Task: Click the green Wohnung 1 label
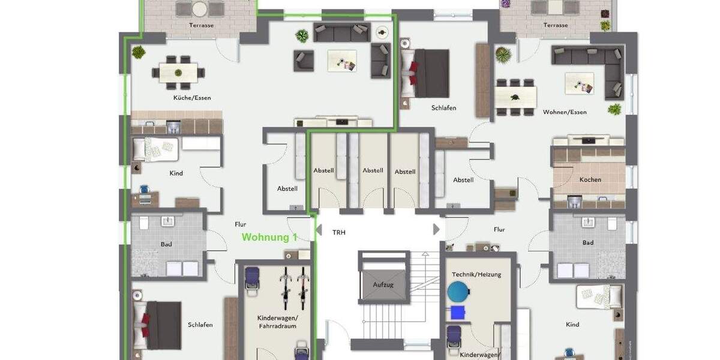[x=269, y=238]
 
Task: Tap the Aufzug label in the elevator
[x=383, y=284]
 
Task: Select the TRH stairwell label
[x=339, y=232]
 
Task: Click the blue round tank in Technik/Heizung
[x=459, y=292]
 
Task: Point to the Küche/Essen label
[x=192, y=98]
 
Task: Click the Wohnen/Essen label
[x=565, y=112]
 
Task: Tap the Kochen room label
[x=590, y=179]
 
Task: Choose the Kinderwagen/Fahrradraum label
[x=277, y=322]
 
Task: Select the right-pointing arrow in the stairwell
[x=436, y=230]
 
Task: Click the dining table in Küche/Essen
[x=178, y=73]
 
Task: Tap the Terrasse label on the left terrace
[x=202, y=25]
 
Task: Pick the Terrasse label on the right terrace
[x=556, y=25]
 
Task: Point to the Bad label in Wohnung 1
[x=167, y=243]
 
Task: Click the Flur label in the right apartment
[x=499, y=229]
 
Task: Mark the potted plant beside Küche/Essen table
[x=139, y=52]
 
